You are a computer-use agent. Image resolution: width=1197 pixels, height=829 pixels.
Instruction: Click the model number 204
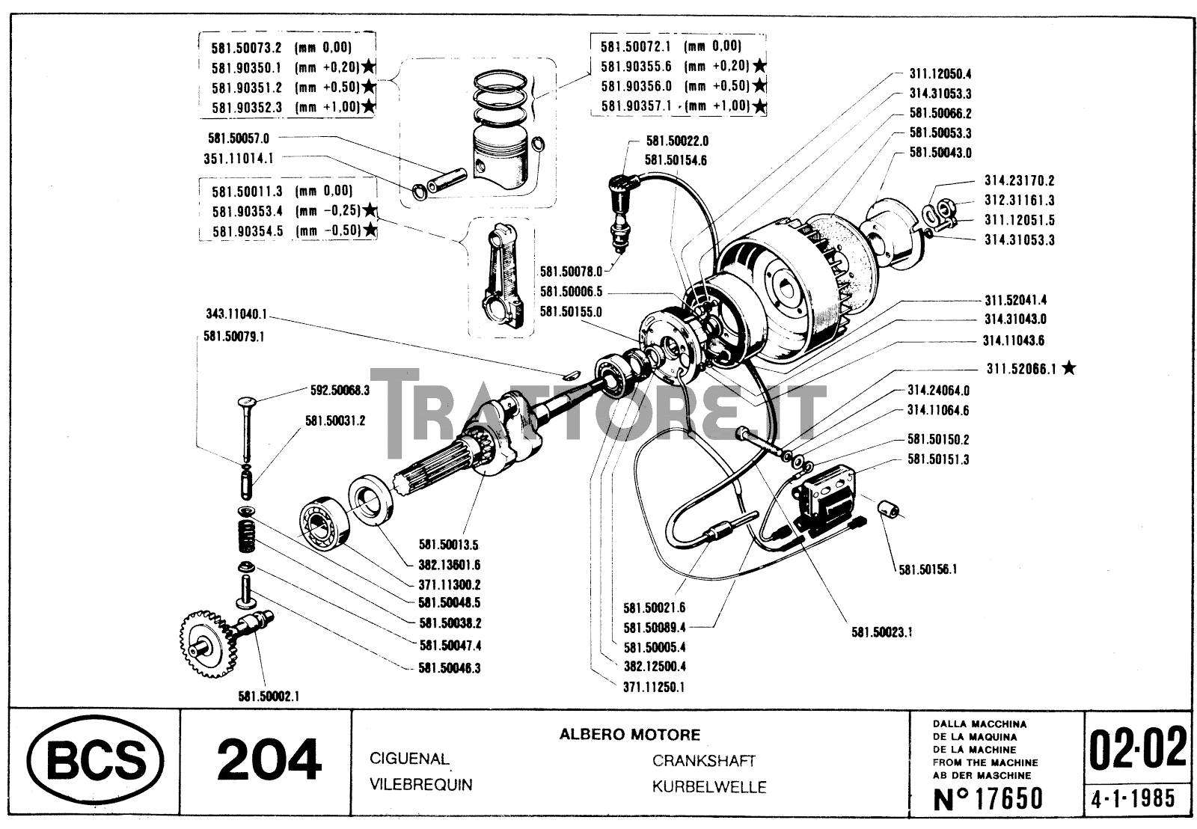pos(269,761)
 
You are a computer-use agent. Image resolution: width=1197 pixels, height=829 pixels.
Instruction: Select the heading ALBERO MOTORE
pos(629,735)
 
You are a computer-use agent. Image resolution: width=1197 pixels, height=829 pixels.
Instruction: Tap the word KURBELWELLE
pos(708,786)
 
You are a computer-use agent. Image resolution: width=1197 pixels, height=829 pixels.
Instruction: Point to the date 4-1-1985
pos(1133,798)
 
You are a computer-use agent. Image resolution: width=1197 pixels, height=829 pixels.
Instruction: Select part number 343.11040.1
pos(236,314)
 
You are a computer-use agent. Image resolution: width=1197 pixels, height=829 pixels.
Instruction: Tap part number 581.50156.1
pos(928,569)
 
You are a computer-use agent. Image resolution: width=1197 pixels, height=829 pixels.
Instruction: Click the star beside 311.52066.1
pos(1069,367)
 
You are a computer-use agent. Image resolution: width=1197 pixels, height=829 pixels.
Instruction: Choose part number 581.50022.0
pos(676,140)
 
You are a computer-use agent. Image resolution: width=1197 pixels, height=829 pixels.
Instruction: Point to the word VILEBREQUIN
pos(421,784)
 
